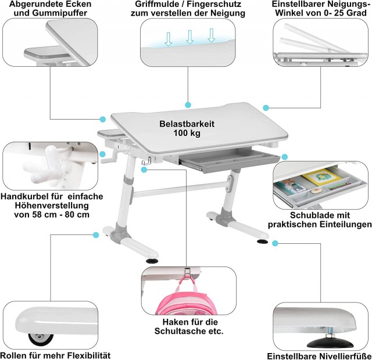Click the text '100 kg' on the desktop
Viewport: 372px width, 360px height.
187,133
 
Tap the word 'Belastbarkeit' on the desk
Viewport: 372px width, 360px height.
187,124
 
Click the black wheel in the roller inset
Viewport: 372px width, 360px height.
40,339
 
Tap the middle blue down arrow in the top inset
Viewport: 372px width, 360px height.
189,37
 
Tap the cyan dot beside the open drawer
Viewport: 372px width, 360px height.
284,157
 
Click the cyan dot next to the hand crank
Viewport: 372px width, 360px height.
102,154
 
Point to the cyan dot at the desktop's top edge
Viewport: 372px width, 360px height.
188,105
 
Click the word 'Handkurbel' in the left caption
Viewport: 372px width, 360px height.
24,196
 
